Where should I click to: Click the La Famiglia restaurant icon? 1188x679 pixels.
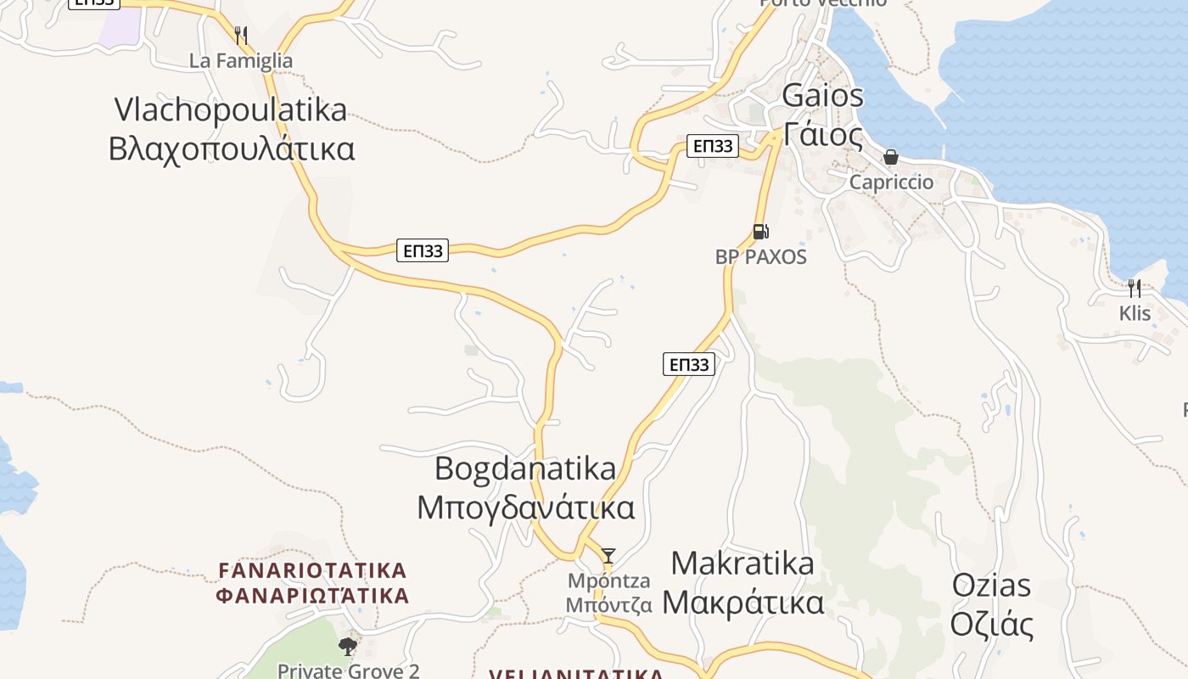(241, 36)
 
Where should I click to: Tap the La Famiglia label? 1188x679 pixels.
(240, 61)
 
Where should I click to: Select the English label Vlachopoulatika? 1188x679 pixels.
(231, 109)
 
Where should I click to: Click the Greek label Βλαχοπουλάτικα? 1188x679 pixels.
(231, 149)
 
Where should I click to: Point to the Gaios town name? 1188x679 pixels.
(822, 95)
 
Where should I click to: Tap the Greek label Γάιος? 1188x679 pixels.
(822, 134)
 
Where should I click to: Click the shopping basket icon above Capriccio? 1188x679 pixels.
(891, 157)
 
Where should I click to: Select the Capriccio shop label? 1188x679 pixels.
(891, 182)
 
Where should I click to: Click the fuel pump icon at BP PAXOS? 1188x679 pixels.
(760, 231)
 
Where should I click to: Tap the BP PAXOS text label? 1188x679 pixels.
(760, 256)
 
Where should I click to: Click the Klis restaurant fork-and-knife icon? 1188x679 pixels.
(1134, 289)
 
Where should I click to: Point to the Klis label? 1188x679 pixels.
(1135, 313)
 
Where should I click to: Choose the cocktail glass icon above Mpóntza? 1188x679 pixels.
(608, 556)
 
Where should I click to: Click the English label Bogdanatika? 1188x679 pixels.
(525, 469)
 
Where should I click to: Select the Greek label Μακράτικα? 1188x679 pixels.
(742, 603)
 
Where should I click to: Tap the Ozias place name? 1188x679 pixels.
(991, 586)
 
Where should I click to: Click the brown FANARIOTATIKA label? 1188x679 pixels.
(312, 570)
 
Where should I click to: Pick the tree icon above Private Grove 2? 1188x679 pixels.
(348, 647)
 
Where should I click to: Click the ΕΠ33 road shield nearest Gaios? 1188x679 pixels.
(713, 146)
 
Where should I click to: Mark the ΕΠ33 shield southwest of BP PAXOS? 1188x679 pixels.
(688, 365)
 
